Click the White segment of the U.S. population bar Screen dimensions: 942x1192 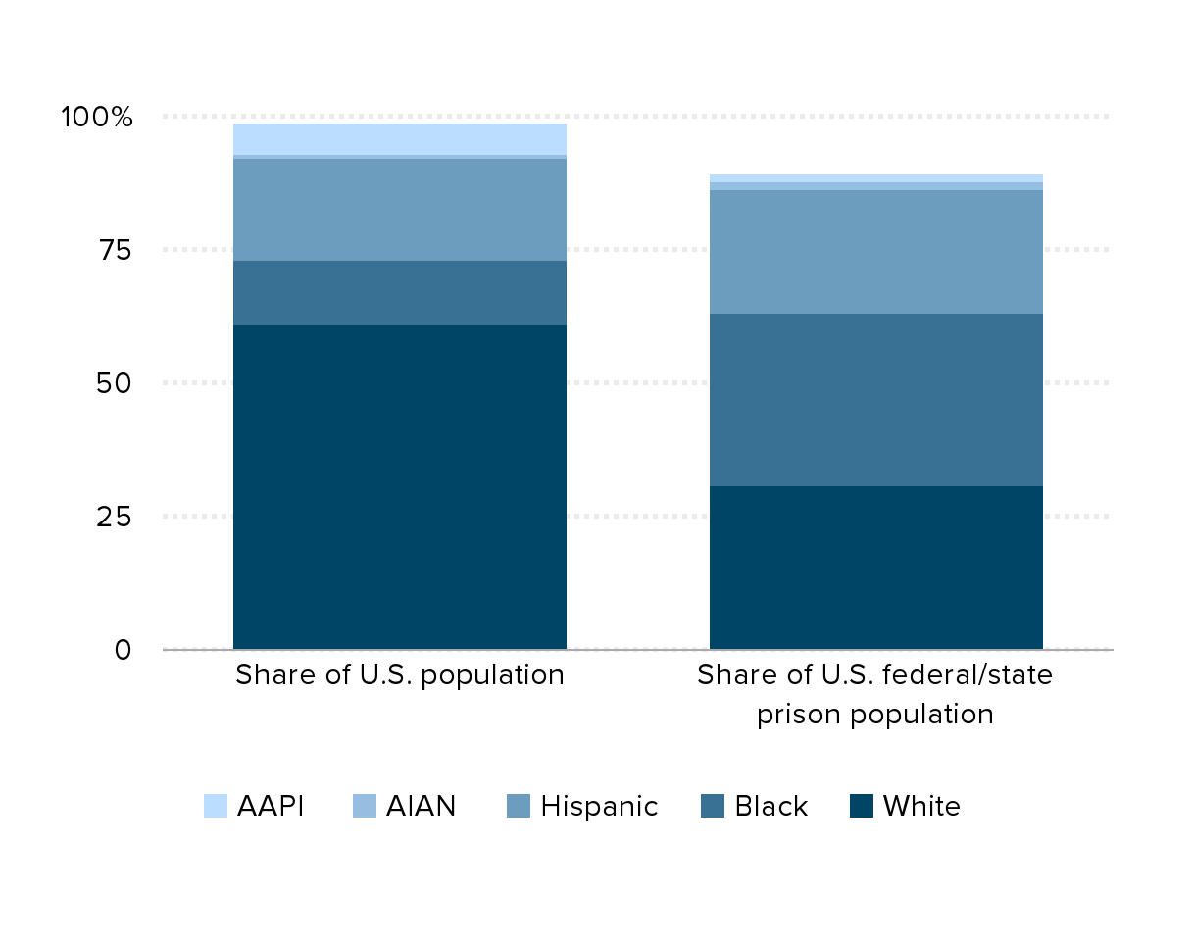coord(400,486)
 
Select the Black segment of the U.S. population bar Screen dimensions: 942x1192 coord(400,292)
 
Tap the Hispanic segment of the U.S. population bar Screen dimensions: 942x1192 coord(400,209)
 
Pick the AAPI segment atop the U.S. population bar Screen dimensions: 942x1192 coord(400,138)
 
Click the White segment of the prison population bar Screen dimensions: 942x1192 coord(875,567)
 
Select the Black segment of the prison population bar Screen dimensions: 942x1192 coord(875,399)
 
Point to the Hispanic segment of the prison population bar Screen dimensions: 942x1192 coord(875,251)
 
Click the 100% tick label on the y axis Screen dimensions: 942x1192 coord(96,118)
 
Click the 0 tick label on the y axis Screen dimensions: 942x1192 coord(123,649)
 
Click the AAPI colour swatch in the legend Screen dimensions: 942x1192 coord(216,806)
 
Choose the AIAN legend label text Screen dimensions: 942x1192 coord(421,806)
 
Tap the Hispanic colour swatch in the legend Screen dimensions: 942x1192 coord(518,806)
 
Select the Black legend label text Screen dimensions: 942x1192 coord(770,806)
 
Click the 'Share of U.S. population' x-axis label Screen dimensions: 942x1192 coord(400,675)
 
